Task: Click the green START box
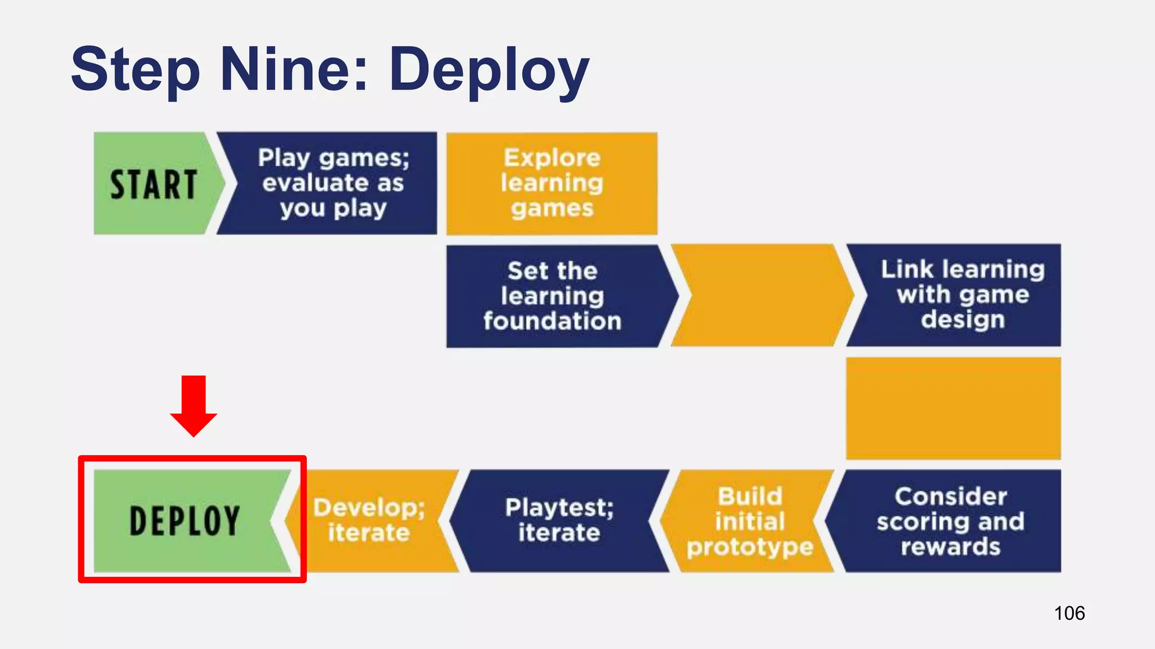click(153, 184)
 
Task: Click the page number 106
click(1069, 613)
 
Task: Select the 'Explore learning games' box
click(552, 183)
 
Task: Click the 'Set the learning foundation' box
click(553, 296)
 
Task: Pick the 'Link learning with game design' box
click(962, 295)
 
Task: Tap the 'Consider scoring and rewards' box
click(950, 521)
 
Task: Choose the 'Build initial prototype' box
click(749, 521)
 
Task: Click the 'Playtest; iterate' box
click(559, 521)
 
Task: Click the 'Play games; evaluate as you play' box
click(333, 183)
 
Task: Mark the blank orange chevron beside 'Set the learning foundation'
click(761, 295)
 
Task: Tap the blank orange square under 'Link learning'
click(953, 408)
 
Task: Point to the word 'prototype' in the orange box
click(750, 547)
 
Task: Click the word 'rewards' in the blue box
click(950, 547)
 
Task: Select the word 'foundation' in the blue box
click(553, 321)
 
